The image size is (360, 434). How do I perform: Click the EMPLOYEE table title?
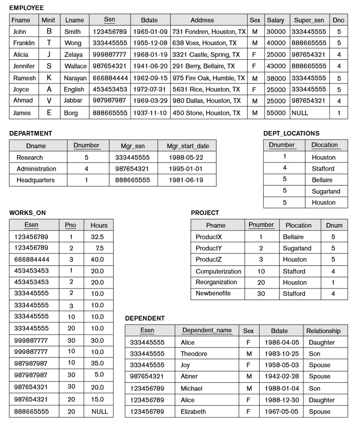[26, 8]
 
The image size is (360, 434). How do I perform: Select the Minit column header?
[48, 20]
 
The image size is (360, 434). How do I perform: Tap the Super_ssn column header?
[309, 20]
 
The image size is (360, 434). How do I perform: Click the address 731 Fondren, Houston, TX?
[209, 32]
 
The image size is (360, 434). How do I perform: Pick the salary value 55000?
[275, 113]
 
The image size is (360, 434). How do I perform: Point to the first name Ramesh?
[24, 78]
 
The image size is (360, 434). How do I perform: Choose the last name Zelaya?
[73, 55]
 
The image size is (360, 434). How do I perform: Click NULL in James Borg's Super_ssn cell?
[299, 113]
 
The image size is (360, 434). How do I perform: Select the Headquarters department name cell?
[36, 180]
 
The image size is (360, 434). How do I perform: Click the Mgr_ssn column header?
[133, 146]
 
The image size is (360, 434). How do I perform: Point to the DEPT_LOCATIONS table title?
[291, 134]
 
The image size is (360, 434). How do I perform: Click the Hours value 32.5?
[97, 237]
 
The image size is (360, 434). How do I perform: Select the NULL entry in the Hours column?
[100, 412]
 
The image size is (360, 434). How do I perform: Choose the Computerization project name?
[218, 271]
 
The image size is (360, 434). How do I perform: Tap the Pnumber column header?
[261, 225]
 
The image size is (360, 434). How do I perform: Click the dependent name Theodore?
[194, 354]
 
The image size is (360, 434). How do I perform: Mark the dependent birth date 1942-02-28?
[282, 376]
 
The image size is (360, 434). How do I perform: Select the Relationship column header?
[323, 331]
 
